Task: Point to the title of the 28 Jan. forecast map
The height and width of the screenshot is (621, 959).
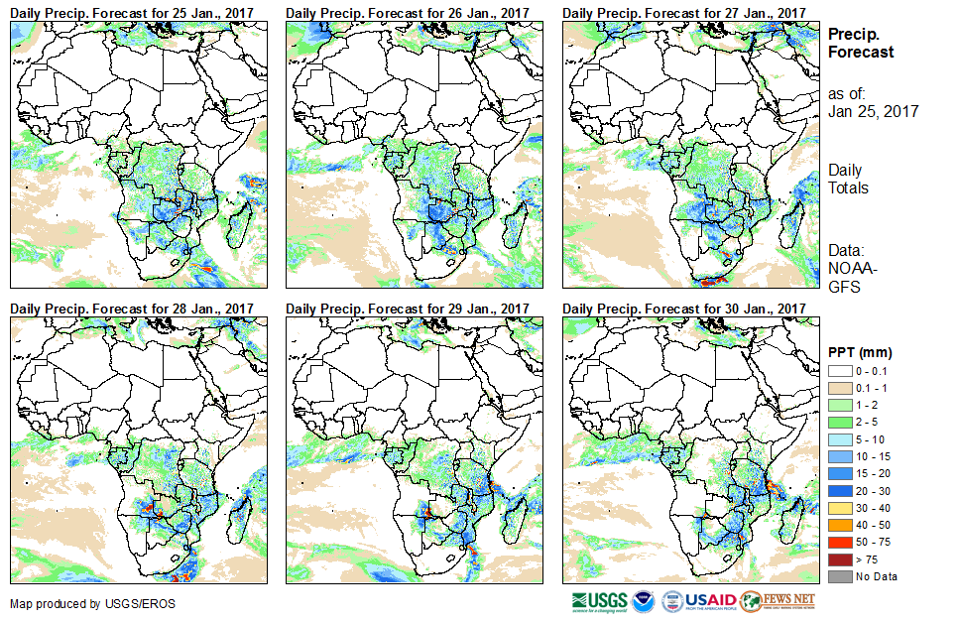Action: pos(132,309)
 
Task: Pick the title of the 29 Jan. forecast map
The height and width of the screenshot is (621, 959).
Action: pos(408,309)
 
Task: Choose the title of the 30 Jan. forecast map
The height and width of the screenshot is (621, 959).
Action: pos(683,309)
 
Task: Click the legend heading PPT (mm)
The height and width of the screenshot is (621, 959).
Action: pos(860,352)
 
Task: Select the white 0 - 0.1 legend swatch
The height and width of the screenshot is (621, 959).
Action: pos(839,370)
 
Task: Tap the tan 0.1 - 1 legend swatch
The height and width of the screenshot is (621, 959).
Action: pos(839,386)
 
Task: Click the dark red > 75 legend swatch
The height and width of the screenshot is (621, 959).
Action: pos(839,560)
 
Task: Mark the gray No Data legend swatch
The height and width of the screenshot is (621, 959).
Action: pos(839,576)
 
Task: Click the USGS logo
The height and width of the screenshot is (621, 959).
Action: pos(600,601)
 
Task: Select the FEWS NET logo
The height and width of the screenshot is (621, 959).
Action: pos(779,601)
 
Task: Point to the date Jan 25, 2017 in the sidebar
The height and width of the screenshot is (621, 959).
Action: pos(873,111)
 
